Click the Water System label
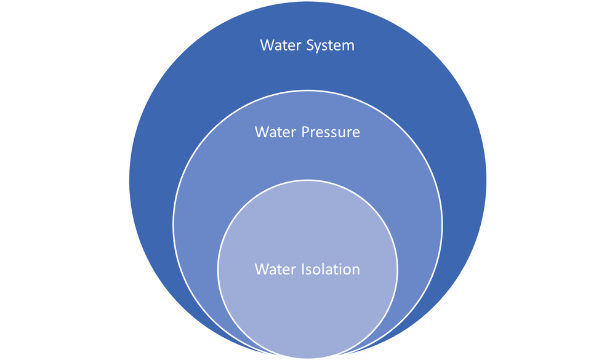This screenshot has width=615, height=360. pos(307,46)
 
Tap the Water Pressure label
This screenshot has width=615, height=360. pos(307,132)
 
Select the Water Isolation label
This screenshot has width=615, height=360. pos(307,270)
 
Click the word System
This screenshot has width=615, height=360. pos(330,46)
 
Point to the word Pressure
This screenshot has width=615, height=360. pos(331,132)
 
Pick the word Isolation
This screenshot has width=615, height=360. pos(331,270)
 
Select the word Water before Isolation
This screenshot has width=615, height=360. pos(275,270)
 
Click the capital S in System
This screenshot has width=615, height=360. pos(310,46)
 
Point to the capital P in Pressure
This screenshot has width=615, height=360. pos(305,132)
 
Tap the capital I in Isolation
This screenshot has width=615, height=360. pos(303,270)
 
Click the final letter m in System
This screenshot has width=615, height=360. pos(348,47)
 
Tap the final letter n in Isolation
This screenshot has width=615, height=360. pos(355,270)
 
